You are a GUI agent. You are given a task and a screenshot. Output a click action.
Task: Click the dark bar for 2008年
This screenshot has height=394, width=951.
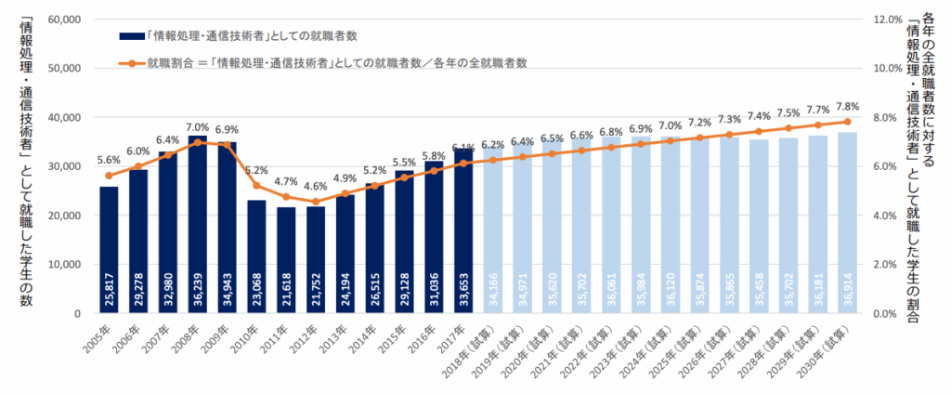click(x=198, y=224)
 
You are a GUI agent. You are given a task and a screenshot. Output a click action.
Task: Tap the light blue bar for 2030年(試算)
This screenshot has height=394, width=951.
click(x=847, y=223)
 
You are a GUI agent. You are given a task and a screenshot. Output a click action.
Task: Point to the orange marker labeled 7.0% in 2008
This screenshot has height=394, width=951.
click(x=198, y=142)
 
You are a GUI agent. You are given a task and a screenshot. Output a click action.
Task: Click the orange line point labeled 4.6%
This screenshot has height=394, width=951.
click(x=317, y=201)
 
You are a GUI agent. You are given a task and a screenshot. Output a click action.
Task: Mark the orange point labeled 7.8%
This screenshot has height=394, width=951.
click(x=847, y=122)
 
